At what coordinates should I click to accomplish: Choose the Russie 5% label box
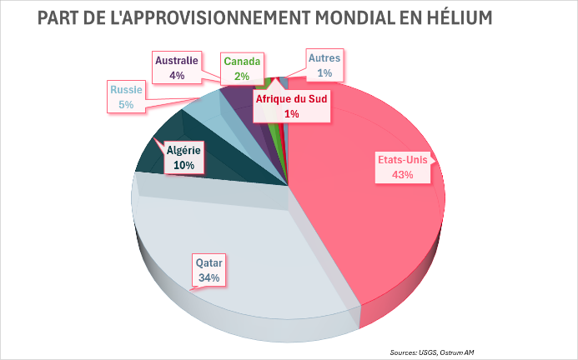(126, 97)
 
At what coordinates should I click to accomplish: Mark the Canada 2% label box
(242, 67)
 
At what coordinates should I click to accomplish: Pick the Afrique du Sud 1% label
(292, 105)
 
